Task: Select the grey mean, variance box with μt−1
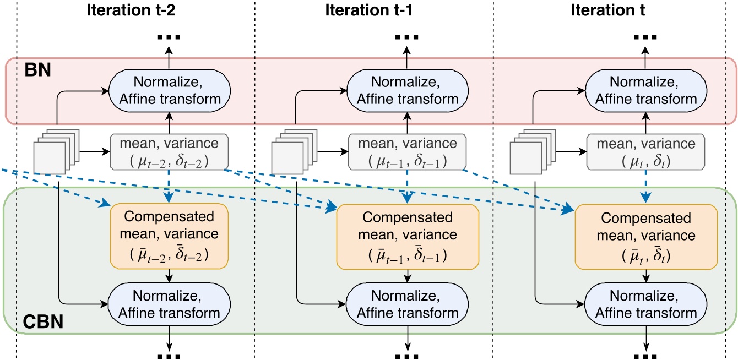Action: coord(408,151)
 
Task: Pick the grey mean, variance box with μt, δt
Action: coord(645,151)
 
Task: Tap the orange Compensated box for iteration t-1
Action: coord(408,235)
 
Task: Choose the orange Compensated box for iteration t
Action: coord(645,235)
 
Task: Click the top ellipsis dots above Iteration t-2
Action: coord(170,38)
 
